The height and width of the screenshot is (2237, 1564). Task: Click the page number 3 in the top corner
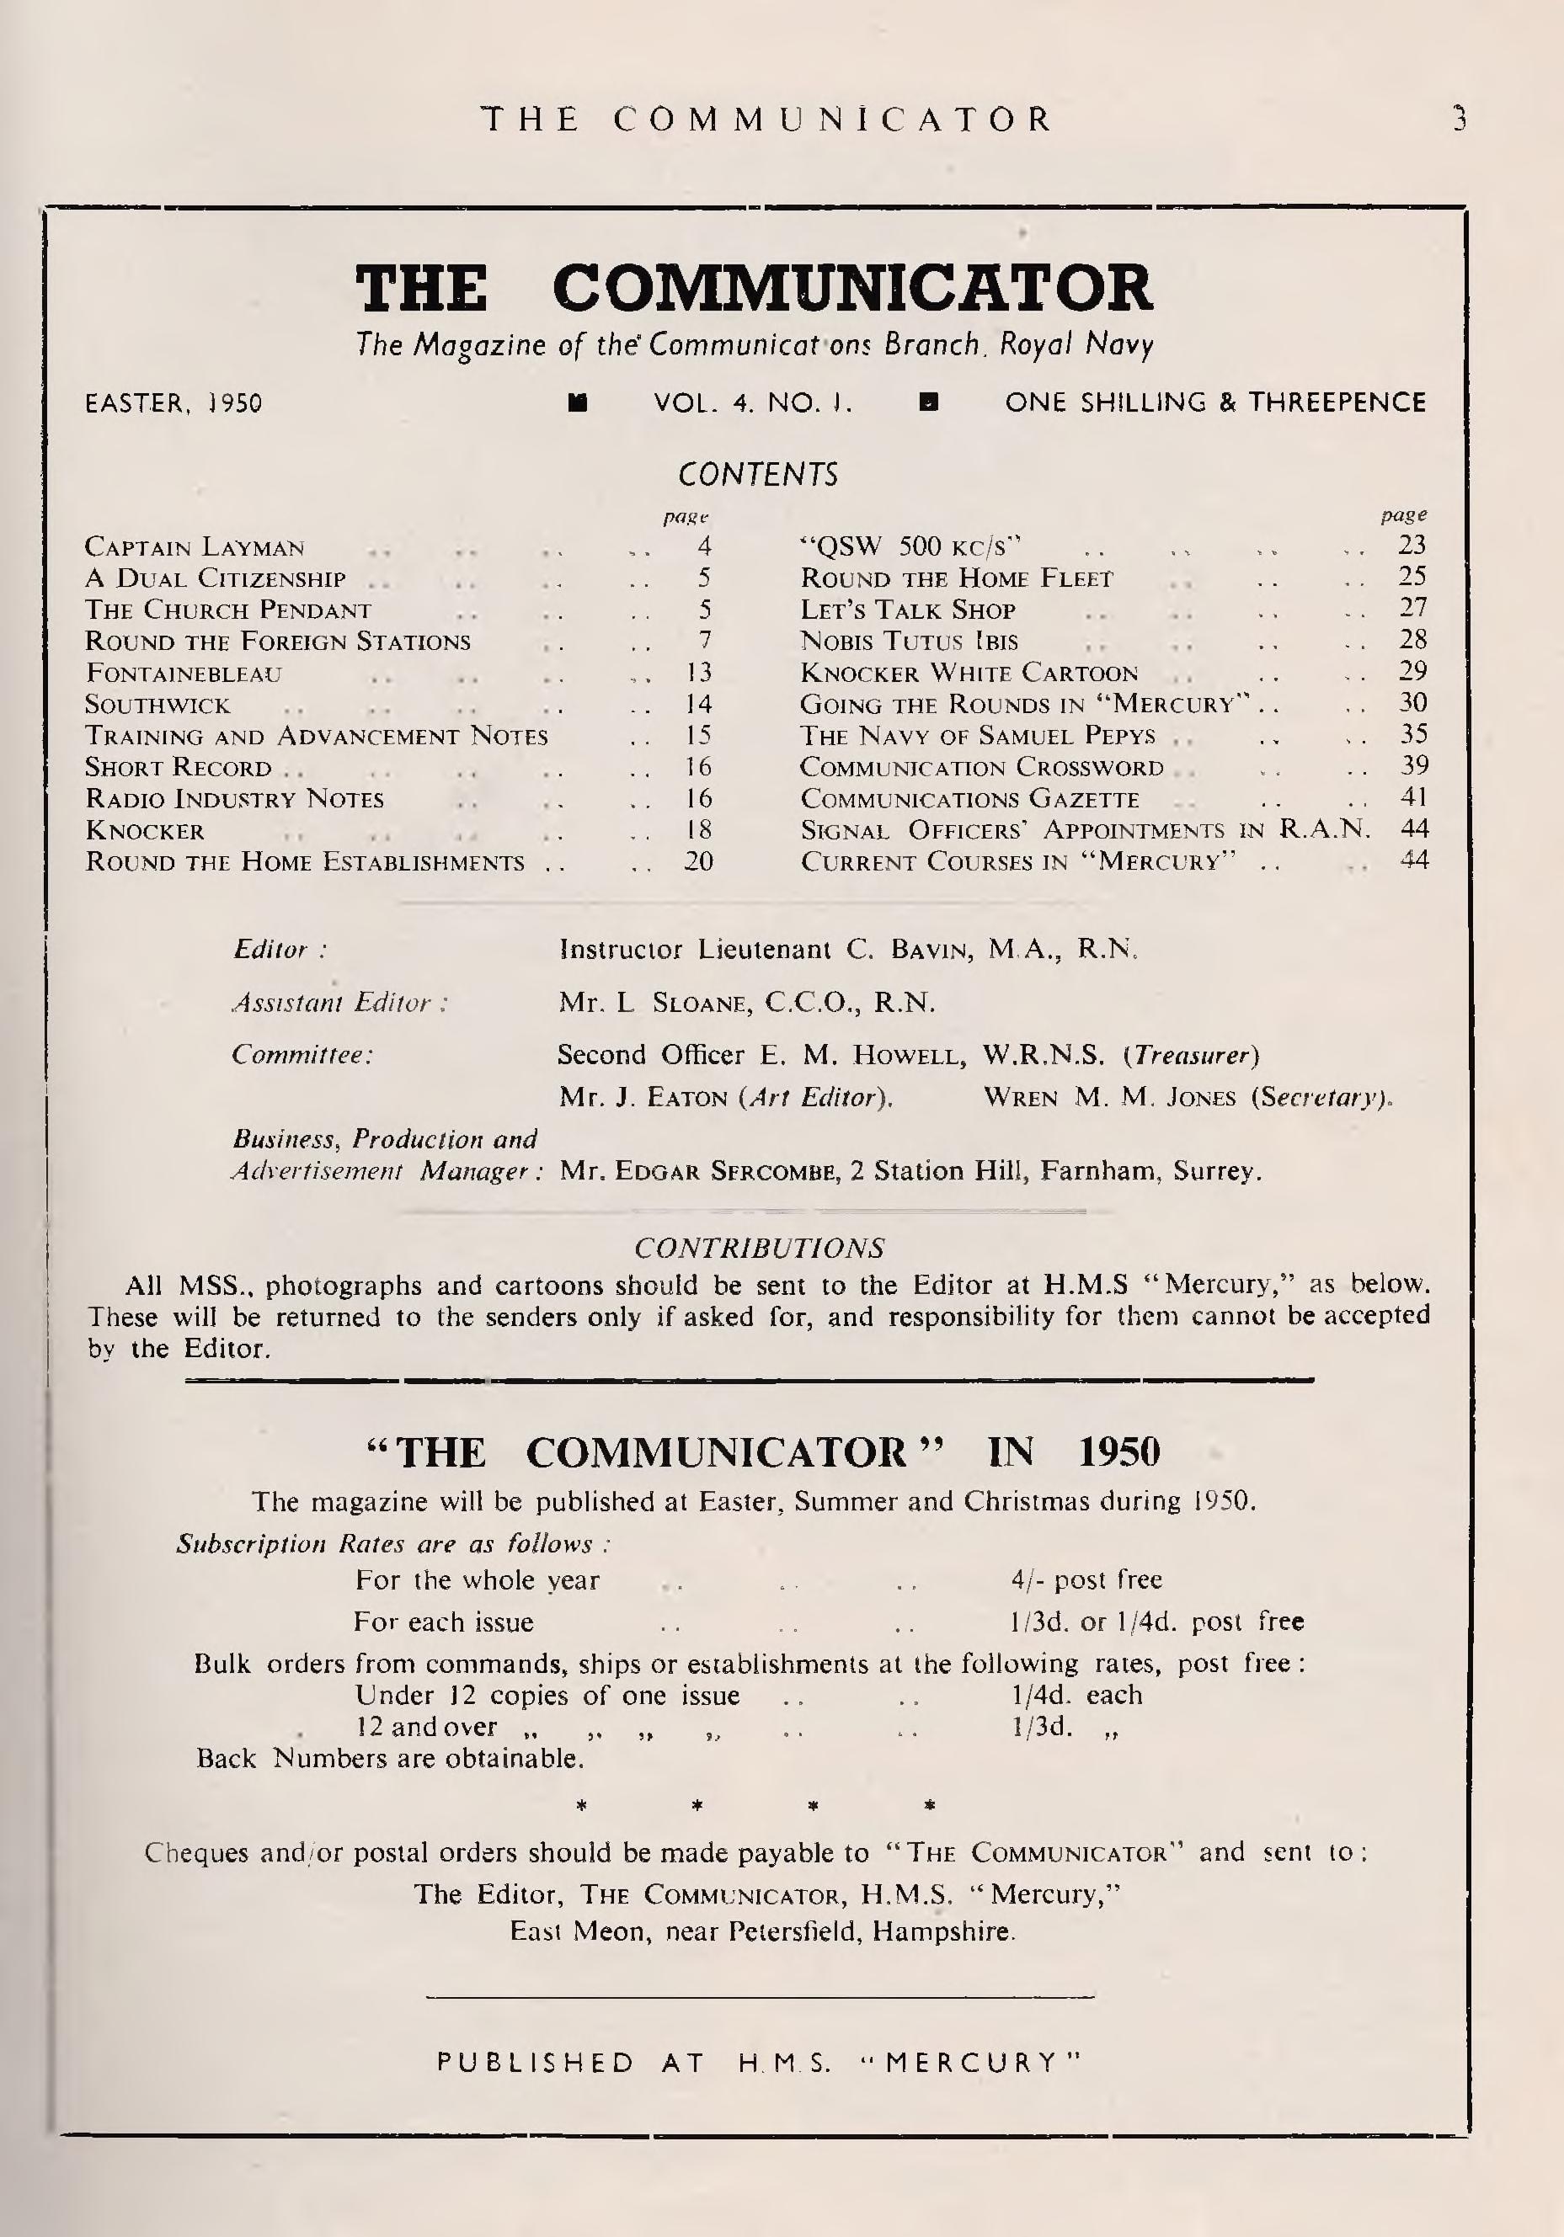click(1458, 120)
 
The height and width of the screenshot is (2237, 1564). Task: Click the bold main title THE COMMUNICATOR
click(753, 289)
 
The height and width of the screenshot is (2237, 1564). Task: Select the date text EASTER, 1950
click(173, 403)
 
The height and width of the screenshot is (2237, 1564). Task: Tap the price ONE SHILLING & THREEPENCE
click(1215, 402)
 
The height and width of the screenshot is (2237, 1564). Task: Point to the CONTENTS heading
click(757, 475)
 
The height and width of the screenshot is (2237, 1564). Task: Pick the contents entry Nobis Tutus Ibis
click(908, 641)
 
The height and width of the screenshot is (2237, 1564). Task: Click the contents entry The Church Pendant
click(228, 610)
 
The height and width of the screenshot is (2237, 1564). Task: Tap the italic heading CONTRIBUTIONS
click(759, 1248)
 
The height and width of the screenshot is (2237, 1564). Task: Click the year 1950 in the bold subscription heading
click(1119, 1452)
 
